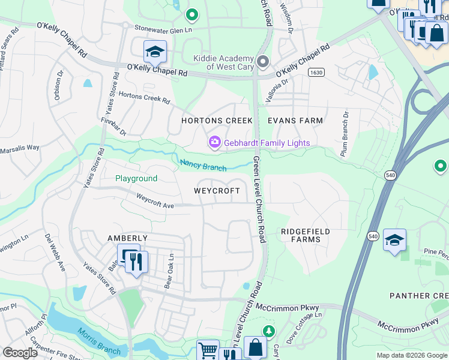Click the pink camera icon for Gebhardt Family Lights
click(214, 142)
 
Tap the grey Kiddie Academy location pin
click(262, 61)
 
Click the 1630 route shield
click(316, 72)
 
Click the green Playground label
click(136, 178)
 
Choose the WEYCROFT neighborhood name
click(217, 191)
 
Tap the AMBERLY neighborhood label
click(127, 238)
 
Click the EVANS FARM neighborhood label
click(295, 121)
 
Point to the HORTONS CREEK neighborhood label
click(217, 121)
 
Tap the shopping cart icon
click(208, 350)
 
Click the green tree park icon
click(269, 331)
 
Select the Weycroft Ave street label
click(154, 200)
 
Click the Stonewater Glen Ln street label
click(166, 28)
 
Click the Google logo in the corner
click(20, 353)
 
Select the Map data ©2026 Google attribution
click(411, 355)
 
